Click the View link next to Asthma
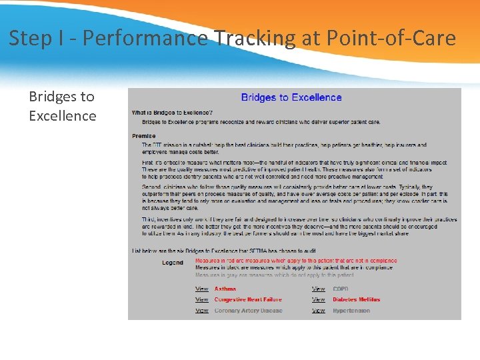tap(201, 289)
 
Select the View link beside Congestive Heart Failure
tap(201, 300)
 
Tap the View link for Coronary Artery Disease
tap(201, 311)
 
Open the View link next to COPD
tap(319, 289)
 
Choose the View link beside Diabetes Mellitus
tap(319, 300)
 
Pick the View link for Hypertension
tap(319, 311)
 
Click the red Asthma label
tap(225, 289)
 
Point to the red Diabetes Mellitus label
tap(356, 300)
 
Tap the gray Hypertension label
tap(351, 311)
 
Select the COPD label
tap(341, 289)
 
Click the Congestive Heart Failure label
tap(248, 300)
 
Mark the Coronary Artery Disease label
tap(248, 311)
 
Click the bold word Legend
tap(173, 263)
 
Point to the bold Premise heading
tap(143, 136)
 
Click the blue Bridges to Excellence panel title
tap(291, 97)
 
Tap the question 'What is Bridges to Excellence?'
tap(172, 113)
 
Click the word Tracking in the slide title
tap(256, 38)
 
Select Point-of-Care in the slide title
tap(391, 38)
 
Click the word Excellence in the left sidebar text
tap(62, 116)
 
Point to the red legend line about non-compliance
tap(295, 261)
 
